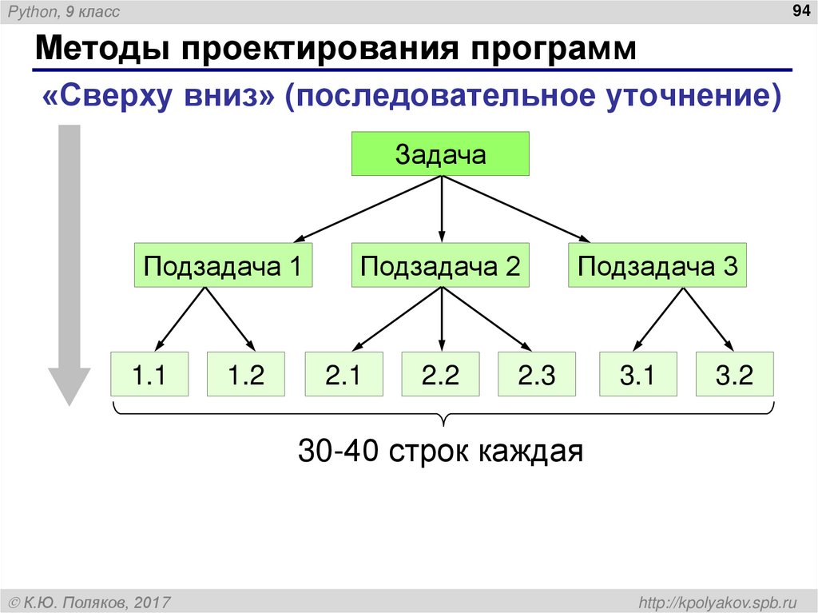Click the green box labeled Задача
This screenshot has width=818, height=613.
(x=441, y=154)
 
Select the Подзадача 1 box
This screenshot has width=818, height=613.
(x=223, y=265)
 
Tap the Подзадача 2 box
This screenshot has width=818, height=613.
(x=440, y=265)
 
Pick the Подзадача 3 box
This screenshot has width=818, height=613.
(x=657, y=265)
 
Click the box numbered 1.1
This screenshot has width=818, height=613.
(x=149, y=374)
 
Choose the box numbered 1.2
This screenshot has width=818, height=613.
(x=246, y=374)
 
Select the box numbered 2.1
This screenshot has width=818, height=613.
(x=344, y=374)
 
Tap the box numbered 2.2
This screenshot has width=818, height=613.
(x=441, y=374)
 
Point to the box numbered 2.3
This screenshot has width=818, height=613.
(x=537, y=374)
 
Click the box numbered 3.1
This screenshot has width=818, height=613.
(x=637, y=374)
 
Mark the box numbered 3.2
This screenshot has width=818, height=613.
(x=735, y=374)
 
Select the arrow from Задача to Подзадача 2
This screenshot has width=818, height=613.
(x=441, y=208)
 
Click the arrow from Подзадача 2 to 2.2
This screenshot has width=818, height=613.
(x=441, y=318)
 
